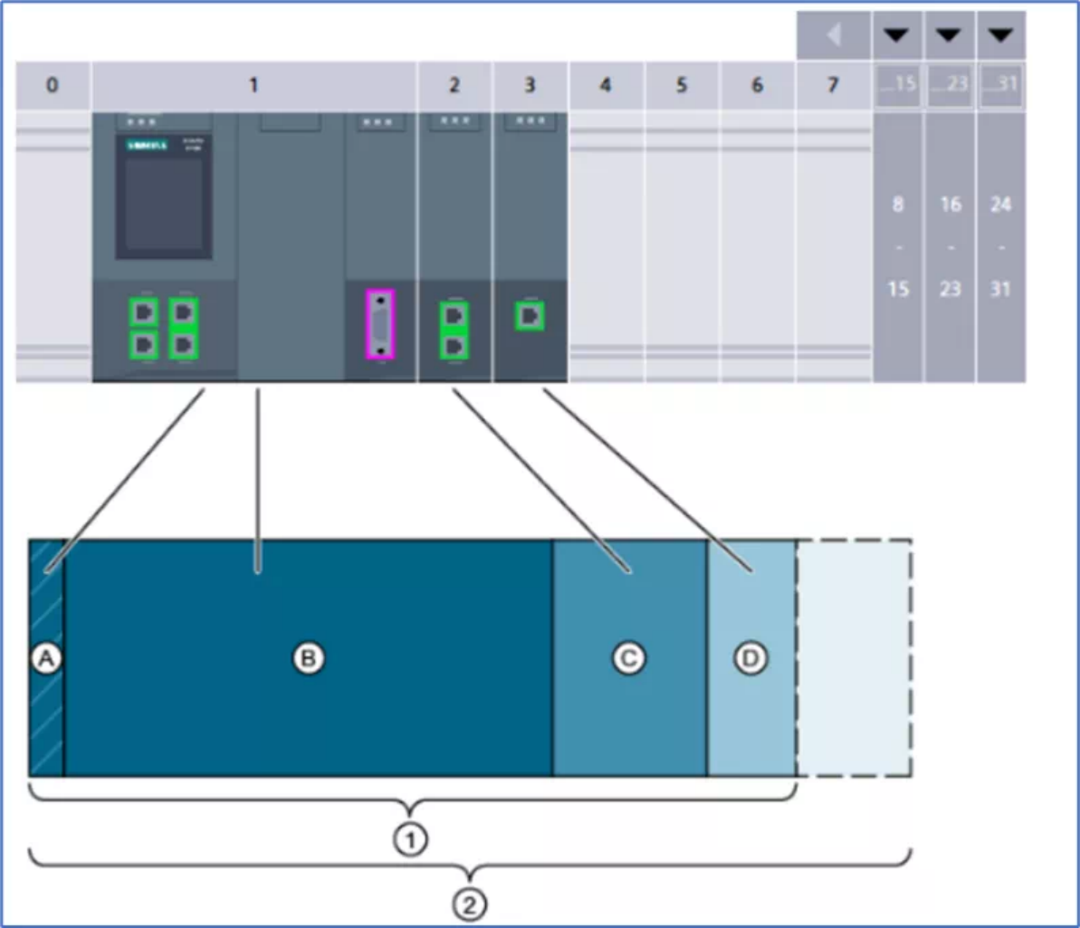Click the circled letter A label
[x=45, y=659]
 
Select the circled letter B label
[x=308, y=659]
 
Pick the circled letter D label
[x=750, y=659]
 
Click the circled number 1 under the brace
[x=410, y=841]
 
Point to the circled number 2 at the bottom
[x=469, y=904]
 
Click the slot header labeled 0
[x=53, y=85]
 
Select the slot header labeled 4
[x=606, y=85]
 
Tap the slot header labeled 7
[x=833, y=85]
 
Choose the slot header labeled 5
[x=682, y=85]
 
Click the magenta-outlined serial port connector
[x=380, y=322]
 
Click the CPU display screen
[x=164, y=204]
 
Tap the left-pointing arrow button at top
[x=834, y=35]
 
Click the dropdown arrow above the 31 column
[x=1000, y=35]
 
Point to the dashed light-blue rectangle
[x=854, y=658]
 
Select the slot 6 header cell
[x=758, y=85]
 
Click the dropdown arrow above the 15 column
[x=896, y=35]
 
